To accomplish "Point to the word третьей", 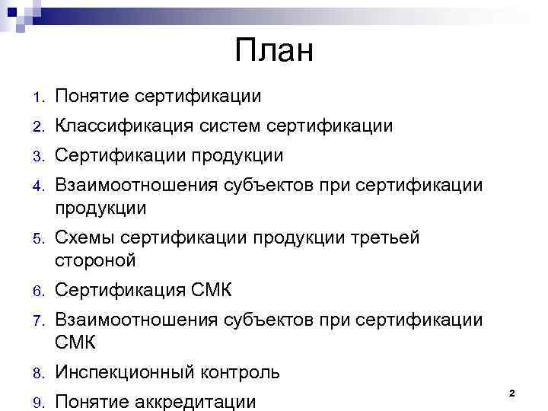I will [x=382, y=238].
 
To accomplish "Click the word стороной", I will [x=95, y=260].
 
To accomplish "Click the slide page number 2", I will [x=511, y=393].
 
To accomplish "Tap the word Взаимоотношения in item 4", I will [x=134, y=186].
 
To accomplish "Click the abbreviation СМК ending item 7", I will [x=75, y=342].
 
